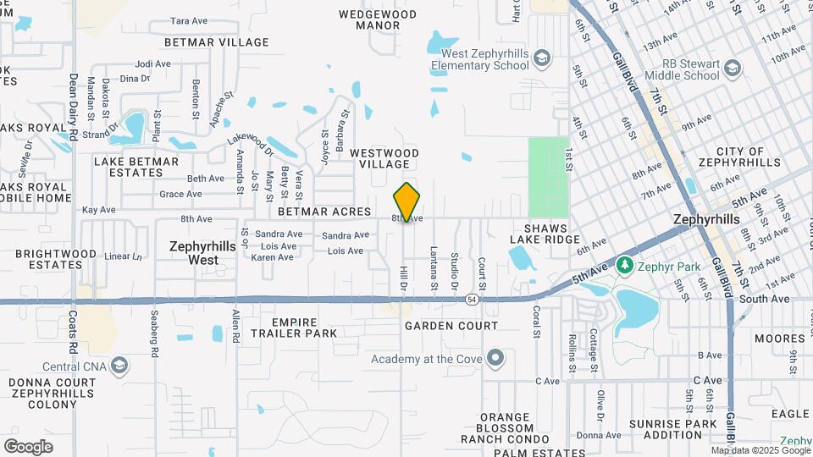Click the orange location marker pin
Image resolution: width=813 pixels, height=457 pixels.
(407, 201)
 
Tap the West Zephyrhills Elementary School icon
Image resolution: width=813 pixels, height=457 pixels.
(542, 58)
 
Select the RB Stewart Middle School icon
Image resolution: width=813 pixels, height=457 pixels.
(733, 68)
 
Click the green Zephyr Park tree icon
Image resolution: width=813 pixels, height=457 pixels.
(625, 267)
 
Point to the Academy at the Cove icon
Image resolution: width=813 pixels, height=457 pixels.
(495, 359)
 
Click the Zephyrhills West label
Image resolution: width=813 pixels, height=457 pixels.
(193, 253)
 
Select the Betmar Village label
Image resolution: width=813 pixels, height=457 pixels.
(217, 42)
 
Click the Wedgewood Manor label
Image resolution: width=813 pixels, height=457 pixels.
(378, 19)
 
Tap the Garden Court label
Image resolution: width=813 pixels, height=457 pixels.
(451, 326)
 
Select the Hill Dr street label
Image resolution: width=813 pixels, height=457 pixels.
(403, 278)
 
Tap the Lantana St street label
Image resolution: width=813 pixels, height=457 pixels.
(433, 267)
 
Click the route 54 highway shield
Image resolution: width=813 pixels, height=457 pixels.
(471, 300)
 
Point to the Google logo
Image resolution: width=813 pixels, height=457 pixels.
(28, 447)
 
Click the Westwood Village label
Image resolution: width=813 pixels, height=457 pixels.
(384, 158)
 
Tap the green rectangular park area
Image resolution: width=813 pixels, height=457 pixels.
(548, 177)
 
